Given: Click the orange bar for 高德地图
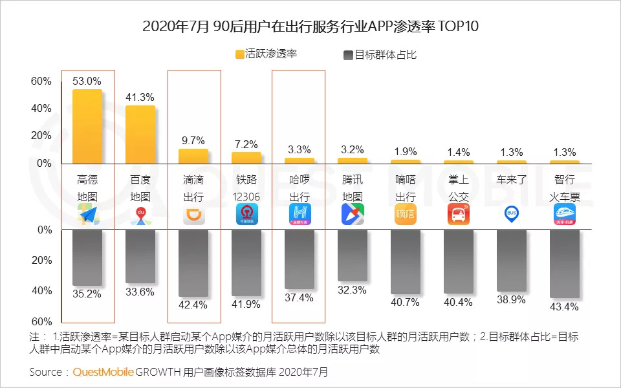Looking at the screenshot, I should pos(87,127).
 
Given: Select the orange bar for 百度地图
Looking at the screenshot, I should pos(140,135).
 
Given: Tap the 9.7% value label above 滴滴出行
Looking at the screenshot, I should pos(193,140).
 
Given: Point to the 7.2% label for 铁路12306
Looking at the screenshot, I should pos(246,144).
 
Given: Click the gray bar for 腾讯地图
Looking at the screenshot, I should pos(353,255).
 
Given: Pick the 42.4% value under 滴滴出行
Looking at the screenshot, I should pos(193,305).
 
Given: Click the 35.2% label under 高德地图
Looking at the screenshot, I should pos(87,294).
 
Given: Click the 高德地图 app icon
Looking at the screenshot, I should pos(88,214).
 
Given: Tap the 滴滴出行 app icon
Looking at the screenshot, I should pos(193,214).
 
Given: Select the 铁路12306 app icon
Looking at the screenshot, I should pos(246,214).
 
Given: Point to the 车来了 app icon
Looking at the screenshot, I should pos(512,214).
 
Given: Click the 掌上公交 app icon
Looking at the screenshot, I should pos(459,214).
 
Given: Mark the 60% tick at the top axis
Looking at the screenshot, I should pos(41,81).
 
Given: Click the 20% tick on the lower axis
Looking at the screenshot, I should pos(41,260).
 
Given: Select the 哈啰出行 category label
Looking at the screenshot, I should pos(300,188).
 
